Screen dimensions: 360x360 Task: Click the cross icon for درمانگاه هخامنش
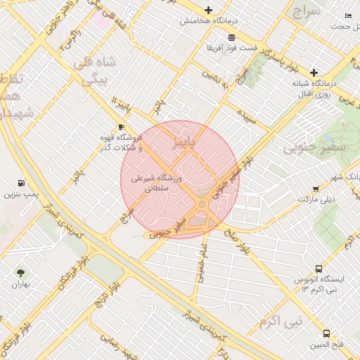coord(207,10)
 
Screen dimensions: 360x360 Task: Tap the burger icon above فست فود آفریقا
coord(231,37)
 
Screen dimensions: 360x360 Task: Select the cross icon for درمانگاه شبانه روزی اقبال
coord(314,72)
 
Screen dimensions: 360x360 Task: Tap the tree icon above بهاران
coord(20,273)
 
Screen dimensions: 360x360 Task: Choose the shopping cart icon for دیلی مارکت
coord(316,188)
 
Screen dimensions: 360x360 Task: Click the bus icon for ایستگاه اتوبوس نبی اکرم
coord(319,269)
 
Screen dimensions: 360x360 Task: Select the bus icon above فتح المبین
coord(326,333)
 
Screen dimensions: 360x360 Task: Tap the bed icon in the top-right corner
coord(347,15)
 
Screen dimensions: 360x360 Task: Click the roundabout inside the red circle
coord(202,205)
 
